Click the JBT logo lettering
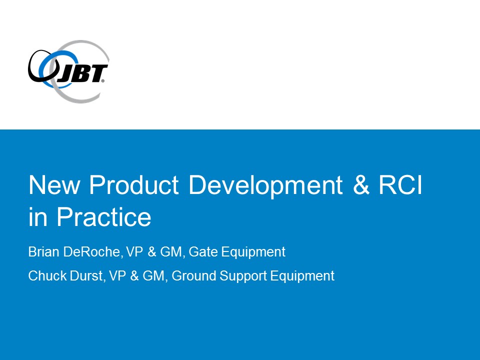[x=81, y=74]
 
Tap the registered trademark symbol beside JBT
[x=103, y=81]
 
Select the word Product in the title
[x=134, y=185]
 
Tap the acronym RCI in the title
[x=400, y=184]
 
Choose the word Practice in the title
[x=104, y=216]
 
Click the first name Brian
[x=44, y=251]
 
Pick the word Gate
[x=203, y=251]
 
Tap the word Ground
[x=194, y=275]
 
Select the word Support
[x=243, y=276]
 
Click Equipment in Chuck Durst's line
[x=302, y=276]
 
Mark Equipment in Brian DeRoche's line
[x=253, y=252]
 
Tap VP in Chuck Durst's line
[x=117, y=275]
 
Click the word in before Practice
[x=37, y=216]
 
